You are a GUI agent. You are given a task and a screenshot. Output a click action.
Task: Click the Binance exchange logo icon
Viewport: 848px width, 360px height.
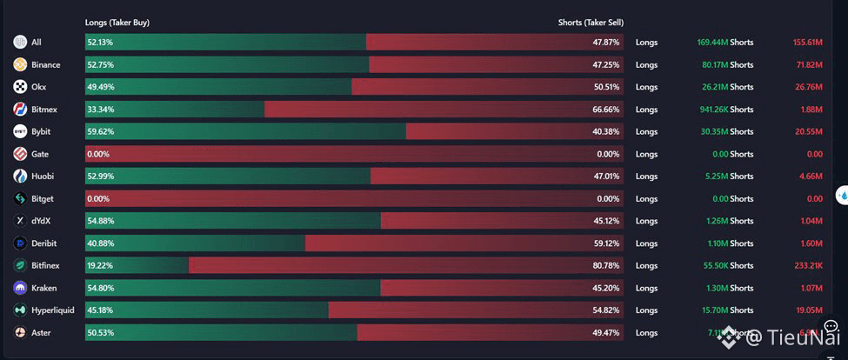click(x=20, y=64)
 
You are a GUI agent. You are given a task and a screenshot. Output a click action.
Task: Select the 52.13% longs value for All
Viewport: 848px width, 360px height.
click(x=100, y=42)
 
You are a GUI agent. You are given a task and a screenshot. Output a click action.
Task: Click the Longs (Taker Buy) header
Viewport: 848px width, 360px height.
click(x=117, y=23)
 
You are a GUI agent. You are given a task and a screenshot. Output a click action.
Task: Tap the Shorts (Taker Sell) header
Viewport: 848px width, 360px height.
click(x=591, y=23)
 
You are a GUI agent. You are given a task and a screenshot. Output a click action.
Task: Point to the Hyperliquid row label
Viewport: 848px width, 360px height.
click(x=52, y=310)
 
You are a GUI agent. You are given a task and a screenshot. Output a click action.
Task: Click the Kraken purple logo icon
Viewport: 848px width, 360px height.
click(x=20, y=288)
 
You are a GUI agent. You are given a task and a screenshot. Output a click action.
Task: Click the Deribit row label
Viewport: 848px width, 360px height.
click(x=43, y=243)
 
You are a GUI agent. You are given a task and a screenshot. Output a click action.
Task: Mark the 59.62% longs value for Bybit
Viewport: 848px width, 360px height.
click(x=100, y=131)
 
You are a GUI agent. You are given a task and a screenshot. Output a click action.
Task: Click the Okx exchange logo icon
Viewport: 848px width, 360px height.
click(x=20, y=87)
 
